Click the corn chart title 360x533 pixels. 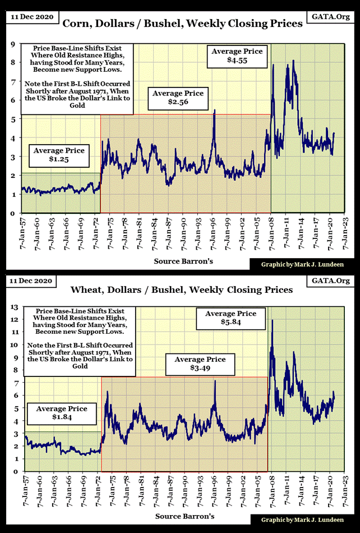point(182,24)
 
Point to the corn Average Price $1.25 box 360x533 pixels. point(59,155)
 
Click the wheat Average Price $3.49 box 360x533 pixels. point(200,365)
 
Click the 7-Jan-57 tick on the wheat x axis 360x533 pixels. point(24,493)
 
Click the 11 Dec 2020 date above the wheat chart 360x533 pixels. point(31,280)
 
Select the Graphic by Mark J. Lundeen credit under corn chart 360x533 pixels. point(302,263)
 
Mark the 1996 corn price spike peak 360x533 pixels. point(214,111)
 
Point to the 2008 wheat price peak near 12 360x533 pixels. point(273,320)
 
